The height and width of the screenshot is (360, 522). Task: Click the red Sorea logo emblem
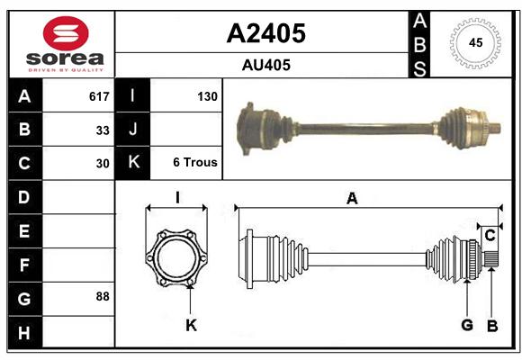click(x=66, y=33)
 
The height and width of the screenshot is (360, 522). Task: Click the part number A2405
click(x=266, y=33)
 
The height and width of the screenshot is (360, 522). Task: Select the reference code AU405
click(x=266, y=65)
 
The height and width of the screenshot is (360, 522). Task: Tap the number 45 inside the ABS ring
click(x=475, y=42)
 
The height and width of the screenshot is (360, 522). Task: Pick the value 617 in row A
click(x=99, y=96)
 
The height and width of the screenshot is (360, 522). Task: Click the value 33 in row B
click(x=103, y=130)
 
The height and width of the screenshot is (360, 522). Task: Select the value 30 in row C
click(x=103, y=164)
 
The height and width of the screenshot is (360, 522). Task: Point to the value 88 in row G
click(x=103, y=296)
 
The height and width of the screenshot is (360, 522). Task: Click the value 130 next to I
click(x=207, y=96)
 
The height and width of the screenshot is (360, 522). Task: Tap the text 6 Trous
click(x=195, y=162)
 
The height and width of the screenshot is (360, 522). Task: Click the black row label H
click(x=25, y=332)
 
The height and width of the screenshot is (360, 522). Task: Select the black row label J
click(x=132, y=129)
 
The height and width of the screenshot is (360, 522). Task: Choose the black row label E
click(x=25, y=230)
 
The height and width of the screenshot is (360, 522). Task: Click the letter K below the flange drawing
click(x=192, y=325)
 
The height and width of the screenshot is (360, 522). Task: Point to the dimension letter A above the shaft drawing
click(x=352, y=199)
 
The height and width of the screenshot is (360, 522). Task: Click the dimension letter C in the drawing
click(x=490, y=236)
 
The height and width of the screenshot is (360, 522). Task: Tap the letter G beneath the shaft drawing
click(x=467, y=325)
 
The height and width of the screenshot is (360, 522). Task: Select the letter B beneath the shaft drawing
click(x=492, y=326)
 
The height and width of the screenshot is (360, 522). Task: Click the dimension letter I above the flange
click(x=177, y=197)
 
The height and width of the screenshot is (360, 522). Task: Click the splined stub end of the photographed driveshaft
click(x=494, y=129)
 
